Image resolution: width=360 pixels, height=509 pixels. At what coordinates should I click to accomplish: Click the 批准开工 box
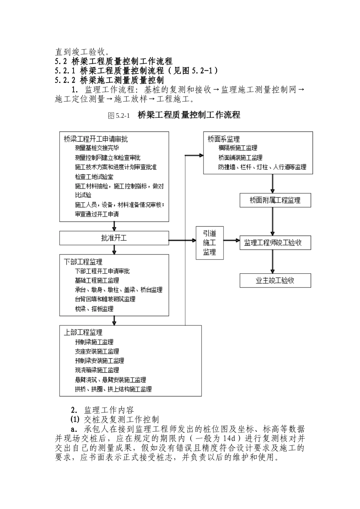pos(114,238)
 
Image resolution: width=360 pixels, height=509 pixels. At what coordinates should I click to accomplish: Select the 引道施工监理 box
pos(209,242)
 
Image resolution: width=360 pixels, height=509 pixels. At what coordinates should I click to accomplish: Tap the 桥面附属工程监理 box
pos(275,200)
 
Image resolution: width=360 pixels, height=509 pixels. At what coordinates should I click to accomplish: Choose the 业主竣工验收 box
pos(275,281)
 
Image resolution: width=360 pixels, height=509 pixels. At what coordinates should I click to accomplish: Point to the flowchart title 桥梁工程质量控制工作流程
pos(189,115)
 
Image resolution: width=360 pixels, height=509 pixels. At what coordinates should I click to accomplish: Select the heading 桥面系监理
pos(224,139)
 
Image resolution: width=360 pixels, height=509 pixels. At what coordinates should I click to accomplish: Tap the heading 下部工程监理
pos(83,262)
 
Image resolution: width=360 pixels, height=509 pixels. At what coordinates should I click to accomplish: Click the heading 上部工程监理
pos(83,332)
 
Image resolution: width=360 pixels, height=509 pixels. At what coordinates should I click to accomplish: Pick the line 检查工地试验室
pos(94,176)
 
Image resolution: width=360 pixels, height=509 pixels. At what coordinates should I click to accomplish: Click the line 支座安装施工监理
pos(97,351)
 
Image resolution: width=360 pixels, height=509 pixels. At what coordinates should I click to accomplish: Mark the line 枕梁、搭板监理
pos(94,309)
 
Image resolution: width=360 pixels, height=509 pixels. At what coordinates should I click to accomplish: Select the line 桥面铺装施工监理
pos(240,158)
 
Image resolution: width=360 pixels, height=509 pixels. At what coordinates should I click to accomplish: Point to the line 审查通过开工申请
pos(97,214)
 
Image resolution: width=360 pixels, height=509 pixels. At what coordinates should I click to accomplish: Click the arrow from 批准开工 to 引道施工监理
pos(182,240)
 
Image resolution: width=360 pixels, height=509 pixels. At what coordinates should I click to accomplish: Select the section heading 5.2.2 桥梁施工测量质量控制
pos(109,80)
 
